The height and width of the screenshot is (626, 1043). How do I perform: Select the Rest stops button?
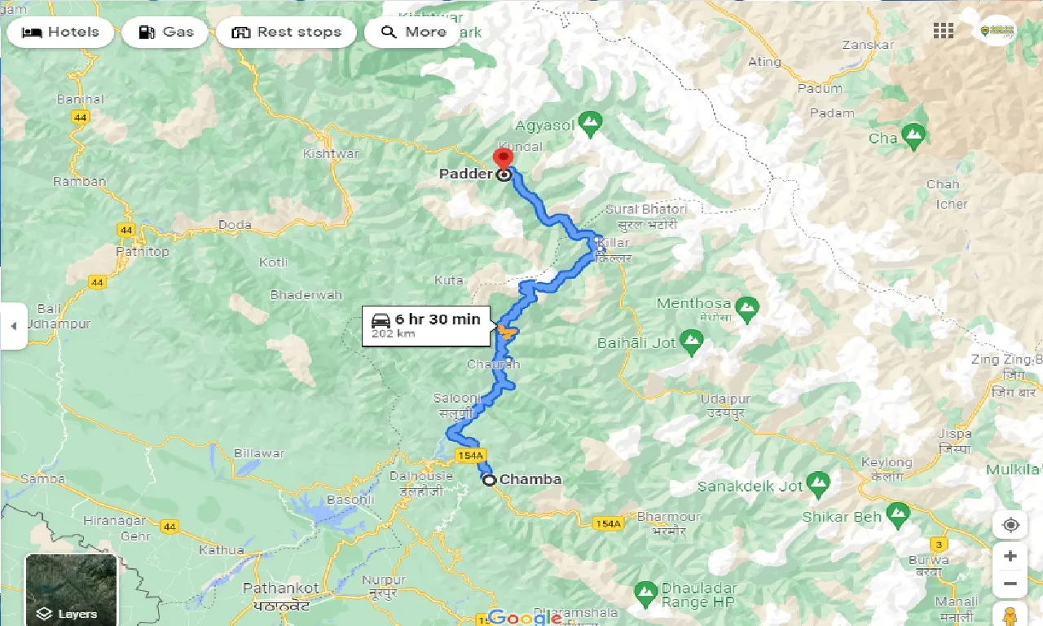tap(286, 33)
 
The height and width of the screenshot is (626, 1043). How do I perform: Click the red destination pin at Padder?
tap(504, 157)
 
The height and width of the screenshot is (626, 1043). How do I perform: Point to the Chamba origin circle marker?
tap(489, 480)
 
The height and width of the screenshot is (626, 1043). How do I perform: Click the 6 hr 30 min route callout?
tap(426, 325)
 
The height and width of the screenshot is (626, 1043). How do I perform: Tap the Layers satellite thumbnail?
tap(71, 589)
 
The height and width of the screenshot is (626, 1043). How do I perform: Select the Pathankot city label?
tap(276, 588)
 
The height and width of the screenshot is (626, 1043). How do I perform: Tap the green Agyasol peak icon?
tap(589, 124)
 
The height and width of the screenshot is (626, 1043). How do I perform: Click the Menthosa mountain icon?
tap(746, 307)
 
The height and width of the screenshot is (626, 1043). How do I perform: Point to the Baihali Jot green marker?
tap(692, 342)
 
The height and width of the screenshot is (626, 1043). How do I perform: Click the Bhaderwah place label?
tap(306, 295)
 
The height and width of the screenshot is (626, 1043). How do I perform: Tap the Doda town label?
tap(235, 225)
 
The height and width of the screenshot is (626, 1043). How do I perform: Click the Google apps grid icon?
tap(944, 31)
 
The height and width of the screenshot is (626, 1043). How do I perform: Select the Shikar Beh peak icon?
tap(897, 514)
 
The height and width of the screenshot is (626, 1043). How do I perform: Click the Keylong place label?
tap(887, 463)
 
